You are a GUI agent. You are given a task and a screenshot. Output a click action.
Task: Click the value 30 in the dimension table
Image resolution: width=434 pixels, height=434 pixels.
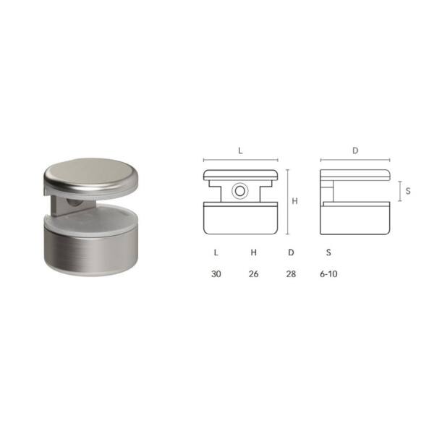(x=216, y=274)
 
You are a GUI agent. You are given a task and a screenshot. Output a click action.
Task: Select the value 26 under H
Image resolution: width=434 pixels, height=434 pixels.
(x=254, y=274)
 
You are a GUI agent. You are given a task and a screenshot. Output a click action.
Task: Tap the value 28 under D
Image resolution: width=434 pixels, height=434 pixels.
(x=291, y=274)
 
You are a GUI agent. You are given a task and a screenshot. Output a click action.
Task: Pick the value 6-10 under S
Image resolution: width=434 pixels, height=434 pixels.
(x=328, y=274)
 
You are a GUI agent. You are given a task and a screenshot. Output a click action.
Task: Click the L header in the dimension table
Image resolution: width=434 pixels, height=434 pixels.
(x=216, y=252)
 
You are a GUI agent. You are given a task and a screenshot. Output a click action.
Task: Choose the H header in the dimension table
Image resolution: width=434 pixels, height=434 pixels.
(x=254, y=252)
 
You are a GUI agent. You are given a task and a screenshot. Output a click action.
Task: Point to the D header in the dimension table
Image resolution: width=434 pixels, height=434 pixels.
(x=291, y=252)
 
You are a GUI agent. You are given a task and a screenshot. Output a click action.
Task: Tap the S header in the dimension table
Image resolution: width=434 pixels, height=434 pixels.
(x=328, y=252)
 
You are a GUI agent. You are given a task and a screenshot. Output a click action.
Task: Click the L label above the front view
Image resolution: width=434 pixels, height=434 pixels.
(x=241, y=151)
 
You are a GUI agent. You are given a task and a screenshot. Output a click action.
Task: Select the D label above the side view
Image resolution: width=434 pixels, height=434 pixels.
(x=355, y=150)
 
